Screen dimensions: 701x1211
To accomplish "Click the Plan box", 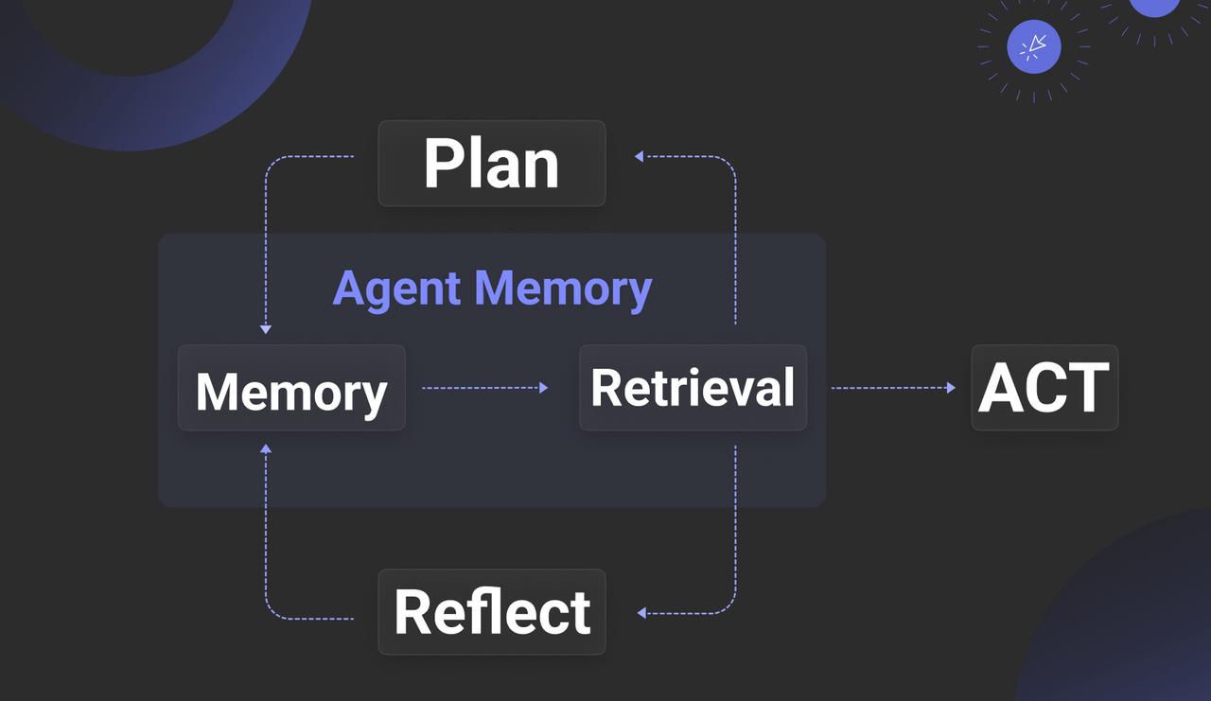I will pyautogui.click(x=491, y=164).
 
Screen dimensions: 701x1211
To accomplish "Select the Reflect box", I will pyautogui.click(x=491, y=612).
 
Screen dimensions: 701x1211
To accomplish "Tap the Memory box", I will pyautogui.click(x=291, y=388).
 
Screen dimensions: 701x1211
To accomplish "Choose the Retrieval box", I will pyautogui.click(x=693, y=388).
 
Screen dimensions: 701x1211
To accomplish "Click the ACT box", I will pyautogui.click(x=1044, y=388).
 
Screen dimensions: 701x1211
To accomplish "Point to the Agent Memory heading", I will pyautogui.click(x=492, y=289).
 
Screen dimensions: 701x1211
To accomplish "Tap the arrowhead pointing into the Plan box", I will pyautogui.click(x=640, y=156).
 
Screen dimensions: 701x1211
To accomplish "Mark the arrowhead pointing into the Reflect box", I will pyautogui.click(x=641, y=613).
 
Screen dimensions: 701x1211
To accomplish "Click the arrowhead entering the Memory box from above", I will pyautogui.click(x=266, y=328).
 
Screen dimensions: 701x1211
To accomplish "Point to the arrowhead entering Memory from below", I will pyautogui.click(x=266, y=448).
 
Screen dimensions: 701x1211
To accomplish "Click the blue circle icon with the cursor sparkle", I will pyautogui.click(x=1034, y=46).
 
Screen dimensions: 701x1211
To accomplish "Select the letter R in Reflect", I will pyautogui.click(x=413, y=612).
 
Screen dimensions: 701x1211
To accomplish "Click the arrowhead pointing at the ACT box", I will pyautogui.click(x=950, y=388).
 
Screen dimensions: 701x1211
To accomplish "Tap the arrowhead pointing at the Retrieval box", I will pyautogui.click(x=543, y=388).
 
